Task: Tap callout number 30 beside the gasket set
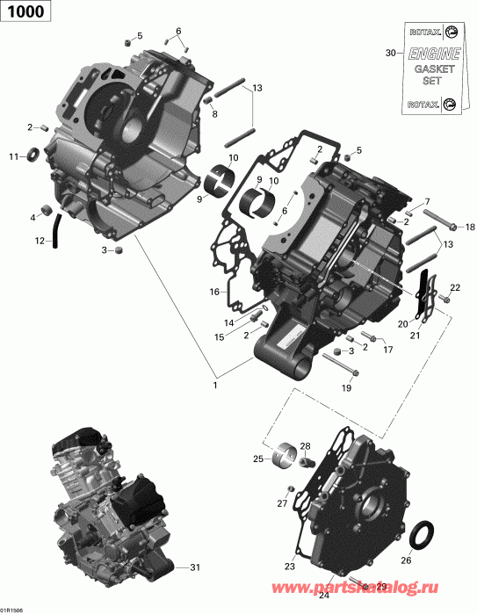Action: click(391, 54)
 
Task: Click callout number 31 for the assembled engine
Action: click(195, 567)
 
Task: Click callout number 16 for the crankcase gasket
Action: click(213, 292)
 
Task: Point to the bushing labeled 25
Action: click(284, 455)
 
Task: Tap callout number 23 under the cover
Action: click(288, 567)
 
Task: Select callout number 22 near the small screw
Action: click(455, 288)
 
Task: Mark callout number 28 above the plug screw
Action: click(305, 447)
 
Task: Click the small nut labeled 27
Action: click(289, 488)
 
